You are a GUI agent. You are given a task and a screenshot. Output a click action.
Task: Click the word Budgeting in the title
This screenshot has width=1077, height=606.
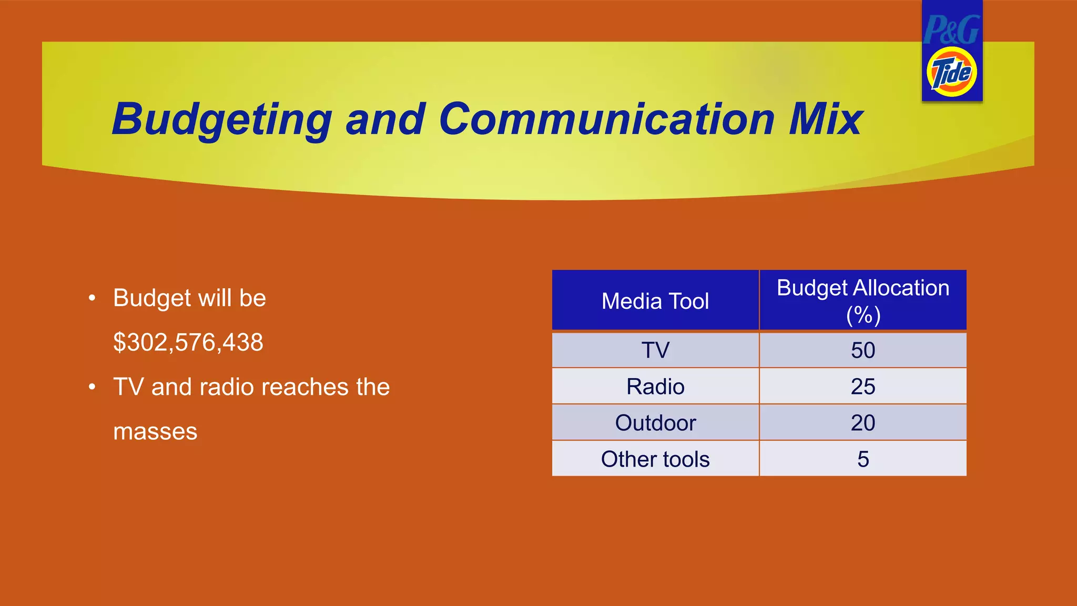221,120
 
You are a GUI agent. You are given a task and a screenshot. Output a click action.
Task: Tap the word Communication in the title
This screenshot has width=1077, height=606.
606,119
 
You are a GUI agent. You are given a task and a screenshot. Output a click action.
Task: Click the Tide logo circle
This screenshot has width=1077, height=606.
951,73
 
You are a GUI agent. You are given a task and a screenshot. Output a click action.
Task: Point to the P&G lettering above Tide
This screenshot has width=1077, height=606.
951,30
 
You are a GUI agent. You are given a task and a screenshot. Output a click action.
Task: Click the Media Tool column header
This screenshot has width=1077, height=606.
655,301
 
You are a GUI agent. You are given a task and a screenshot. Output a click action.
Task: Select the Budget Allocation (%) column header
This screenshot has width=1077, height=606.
863,301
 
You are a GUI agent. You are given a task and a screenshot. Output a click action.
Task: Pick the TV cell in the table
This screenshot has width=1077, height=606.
655,350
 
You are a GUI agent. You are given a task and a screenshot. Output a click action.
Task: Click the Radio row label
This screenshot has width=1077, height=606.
655,387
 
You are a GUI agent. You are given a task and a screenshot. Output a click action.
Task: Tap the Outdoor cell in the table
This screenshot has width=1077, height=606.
655,423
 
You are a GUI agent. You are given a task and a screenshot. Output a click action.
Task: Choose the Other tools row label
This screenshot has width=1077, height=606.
655,459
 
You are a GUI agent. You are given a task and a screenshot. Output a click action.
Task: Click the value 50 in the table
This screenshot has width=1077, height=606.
863,350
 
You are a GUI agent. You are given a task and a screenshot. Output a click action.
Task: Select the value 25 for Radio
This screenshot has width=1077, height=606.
863,387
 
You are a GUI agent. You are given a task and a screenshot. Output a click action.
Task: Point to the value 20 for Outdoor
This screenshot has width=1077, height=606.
863,423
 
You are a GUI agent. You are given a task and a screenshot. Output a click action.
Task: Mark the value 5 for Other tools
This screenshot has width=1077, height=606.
863,459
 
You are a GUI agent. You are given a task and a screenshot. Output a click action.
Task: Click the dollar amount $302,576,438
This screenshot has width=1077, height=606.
188,342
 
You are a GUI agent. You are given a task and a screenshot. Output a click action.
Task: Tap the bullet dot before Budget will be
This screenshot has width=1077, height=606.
92,298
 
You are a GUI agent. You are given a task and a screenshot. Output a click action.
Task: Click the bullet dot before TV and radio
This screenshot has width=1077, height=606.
92,387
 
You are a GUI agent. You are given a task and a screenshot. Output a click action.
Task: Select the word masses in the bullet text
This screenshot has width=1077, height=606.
155,432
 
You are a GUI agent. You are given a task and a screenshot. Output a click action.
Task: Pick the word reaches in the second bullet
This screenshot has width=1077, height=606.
304,387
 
